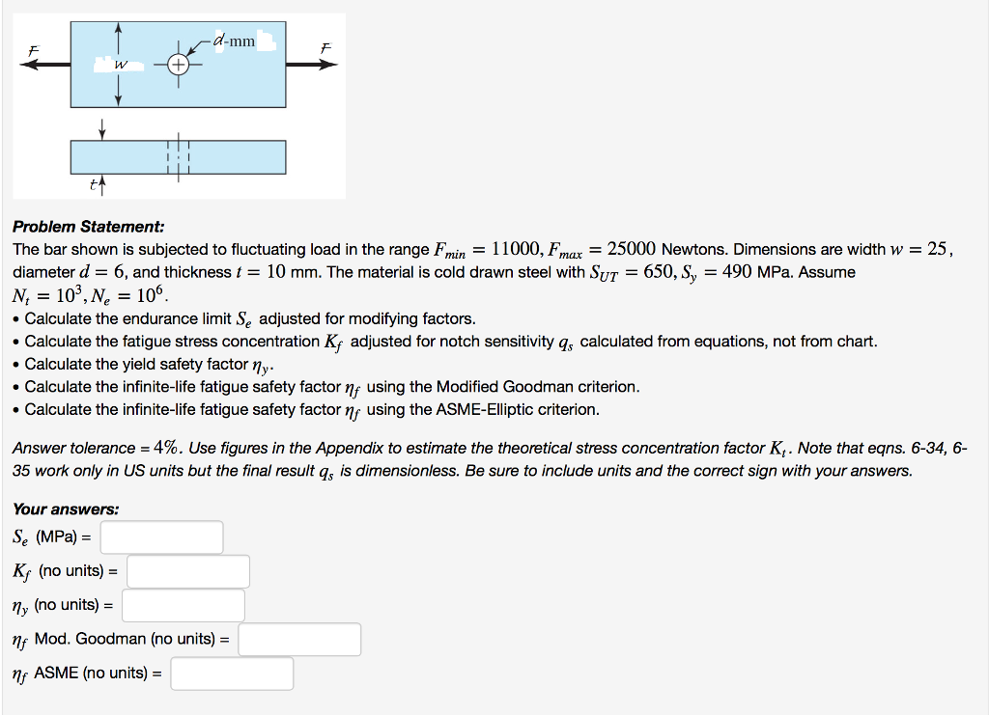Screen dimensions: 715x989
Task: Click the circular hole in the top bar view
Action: click(180, 66)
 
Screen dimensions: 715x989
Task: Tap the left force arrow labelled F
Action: click(44, 65)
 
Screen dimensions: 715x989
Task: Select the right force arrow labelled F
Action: click(314, 65)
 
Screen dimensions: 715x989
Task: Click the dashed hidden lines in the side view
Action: click(180, 157)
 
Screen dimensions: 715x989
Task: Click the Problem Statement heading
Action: click(88, 227)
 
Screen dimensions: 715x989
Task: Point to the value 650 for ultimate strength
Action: click(663, 272)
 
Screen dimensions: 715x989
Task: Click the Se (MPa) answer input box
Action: click(161, 537)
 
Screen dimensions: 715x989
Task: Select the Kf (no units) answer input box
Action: click(188, 571)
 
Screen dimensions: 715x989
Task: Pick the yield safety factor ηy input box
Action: click(183, 605)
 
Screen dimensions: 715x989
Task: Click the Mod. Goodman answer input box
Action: click(299, 639)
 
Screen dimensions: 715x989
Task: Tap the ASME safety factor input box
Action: click(232, 674)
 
